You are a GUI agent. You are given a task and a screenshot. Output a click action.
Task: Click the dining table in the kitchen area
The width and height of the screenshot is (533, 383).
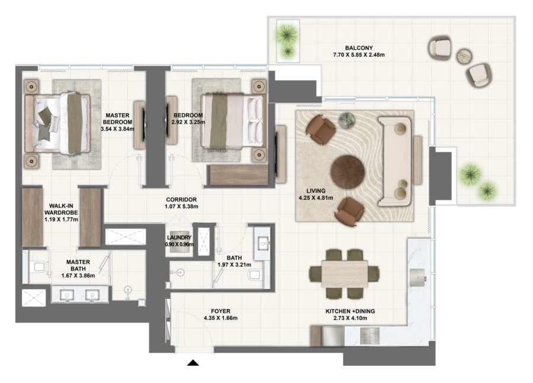coord(345,273)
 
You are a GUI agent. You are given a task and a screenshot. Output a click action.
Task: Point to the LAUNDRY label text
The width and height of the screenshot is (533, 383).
coord(179,237)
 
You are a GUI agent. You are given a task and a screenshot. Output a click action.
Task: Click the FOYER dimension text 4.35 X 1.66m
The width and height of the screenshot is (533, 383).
coord(220,318)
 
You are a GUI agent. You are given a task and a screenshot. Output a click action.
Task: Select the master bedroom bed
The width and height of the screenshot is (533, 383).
coord(57,123)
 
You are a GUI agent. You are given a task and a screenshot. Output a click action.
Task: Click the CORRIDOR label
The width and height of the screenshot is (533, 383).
coord(181,200)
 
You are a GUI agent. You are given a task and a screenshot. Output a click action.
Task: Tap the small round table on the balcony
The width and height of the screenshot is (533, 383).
coord(464,56)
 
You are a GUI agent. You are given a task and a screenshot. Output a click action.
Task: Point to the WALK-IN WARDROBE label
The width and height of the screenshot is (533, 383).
coord(61,211)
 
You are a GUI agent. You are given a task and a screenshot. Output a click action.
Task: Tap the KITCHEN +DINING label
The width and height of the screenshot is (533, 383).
coord(350,311)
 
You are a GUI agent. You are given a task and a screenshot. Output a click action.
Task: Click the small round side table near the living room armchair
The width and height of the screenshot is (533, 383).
coord(346,122)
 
